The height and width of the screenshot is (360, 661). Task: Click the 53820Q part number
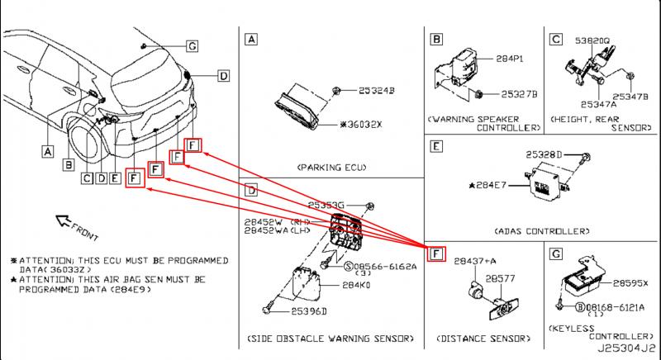592,40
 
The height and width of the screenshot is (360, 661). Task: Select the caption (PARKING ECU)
330,167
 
